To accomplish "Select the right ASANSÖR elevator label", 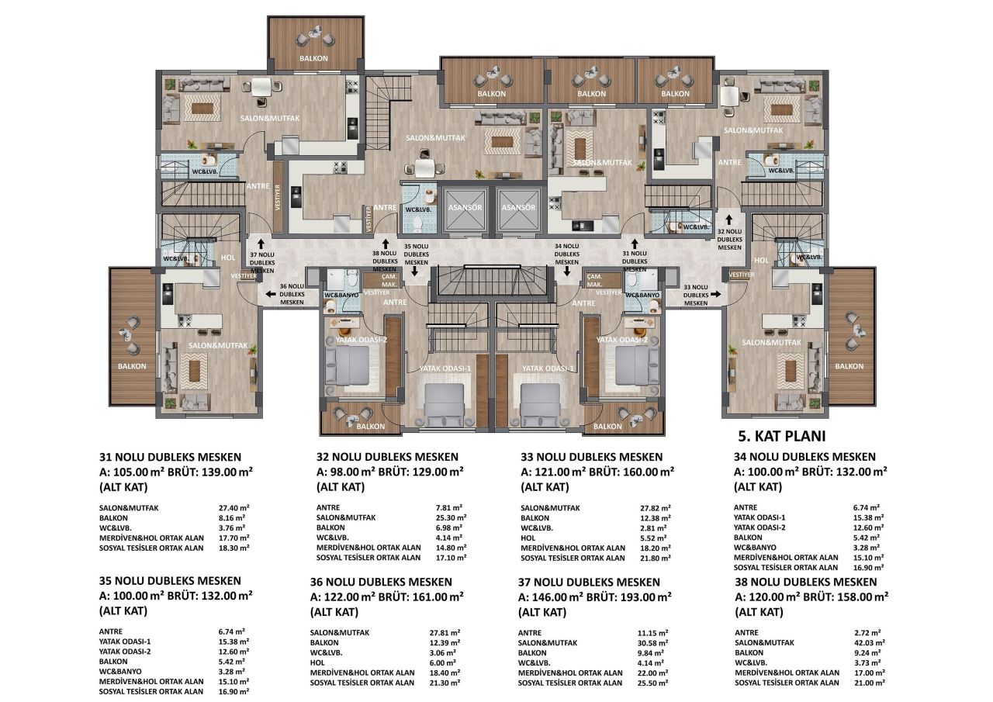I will pos(518,208).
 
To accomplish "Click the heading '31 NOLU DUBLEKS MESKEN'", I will pos(171,457).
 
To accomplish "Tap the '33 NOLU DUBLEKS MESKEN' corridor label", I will pos(697,294).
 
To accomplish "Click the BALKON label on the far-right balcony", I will pos(849,366).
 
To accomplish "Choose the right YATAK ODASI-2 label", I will pos(621,340).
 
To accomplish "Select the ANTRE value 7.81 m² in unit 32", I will pos(449,507).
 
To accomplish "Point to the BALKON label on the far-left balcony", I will pos(132,366).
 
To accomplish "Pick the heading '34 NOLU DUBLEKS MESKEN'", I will pos(804,457).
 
